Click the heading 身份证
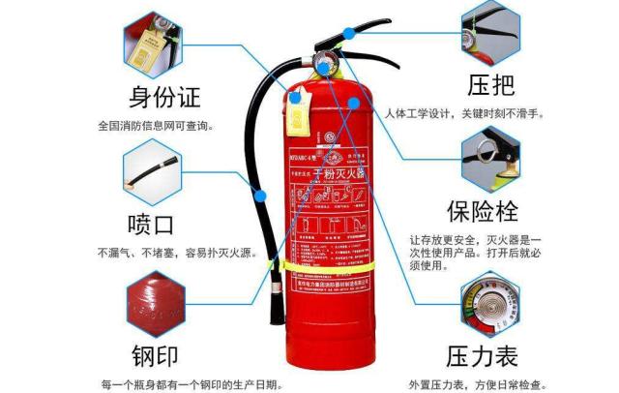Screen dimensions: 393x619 (165, 98)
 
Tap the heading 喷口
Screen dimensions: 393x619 (152, 225)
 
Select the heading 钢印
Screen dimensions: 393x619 (154, 352)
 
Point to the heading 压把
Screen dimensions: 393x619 (491, 84)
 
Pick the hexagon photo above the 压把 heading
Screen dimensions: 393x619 (490, 30)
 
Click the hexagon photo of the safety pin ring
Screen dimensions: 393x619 (490, 154)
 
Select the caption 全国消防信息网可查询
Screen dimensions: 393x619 (155, 126)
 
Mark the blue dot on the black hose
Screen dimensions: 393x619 (259, 193)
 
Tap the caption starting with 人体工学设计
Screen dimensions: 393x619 (464, 113)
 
